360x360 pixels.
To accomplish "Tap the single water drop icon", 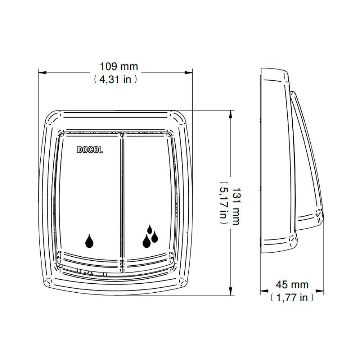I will tap(89, 241).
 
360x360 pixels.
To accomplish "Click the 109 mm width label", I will tap(119, 67).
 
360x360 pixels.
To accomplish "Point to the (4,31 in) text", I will tap(114, 80).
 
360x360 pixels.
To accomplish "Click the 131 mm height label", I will tap(235, 206).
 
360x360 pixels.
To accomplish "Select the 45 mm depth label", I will tap(292, 285).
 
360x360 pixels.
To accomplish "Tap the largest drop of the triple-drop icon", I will tap(147, 241).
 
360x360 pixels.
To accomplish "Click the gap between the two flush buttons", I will tap(122, 202).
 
